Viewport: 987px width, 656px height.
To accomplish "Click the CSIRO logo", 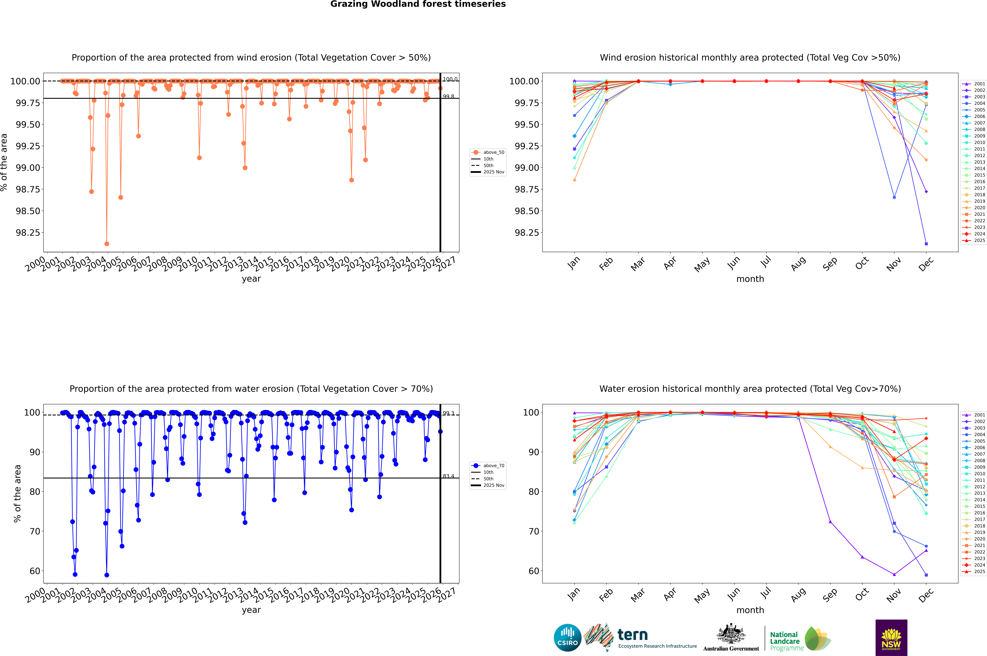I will (567, 638).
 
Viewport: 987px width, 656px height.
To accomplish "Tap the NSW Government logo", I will (891, 638).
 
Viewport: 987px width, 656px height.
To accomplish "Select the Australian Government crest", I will (731, 635).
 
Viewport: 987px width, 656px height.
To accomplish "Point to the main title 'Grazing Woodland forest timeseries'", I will (418, 4).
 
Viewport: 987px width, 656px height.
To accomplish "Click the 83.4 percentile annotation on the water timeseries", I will (449, 476).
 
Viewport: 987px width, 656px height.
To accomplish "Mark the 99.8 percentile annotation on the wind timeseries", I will (449, 97).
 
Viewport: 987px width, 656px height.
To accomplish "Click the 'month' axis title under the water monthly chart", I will (750, 610).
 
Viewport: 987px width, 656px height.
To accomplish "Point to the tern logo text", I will (633, 635).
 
